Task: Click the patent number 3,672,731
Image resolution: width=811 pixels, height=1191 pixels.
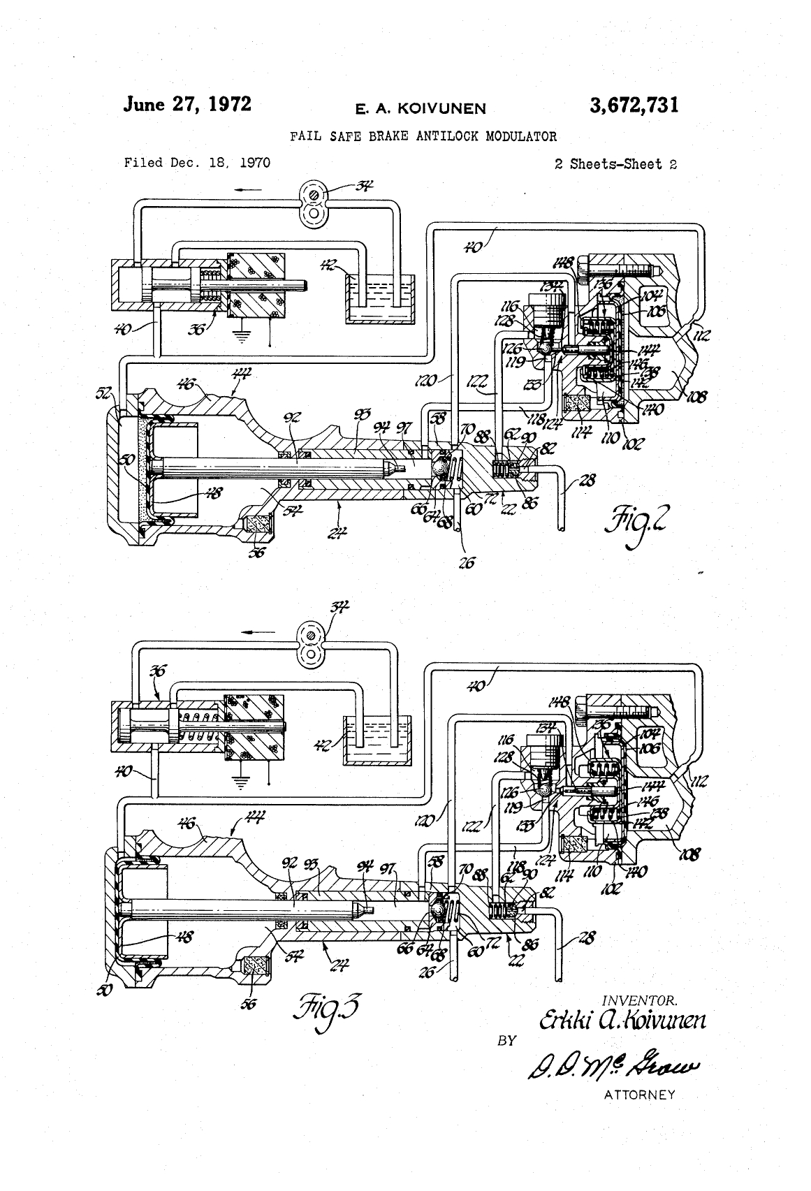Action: pos(633,105)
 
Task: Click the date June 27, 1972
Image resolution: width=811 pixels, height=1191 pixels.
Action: pos(187,104)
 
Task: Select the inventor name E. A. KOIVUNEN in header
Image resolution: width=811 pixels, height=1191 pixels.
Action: pos(420,108)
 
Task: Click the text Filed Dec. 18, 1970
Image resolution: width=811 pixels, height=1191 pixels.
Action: pos(197,163)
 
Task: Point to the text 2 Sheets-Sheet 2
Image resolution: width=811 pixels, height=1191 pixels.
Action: pos(615,164)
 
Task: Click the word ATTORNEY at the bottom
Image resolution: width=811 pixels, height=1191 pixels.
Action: pos(639,1095)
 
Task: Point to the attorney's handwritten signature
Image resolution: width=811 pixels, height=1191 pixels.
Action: pos(606,1064)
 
